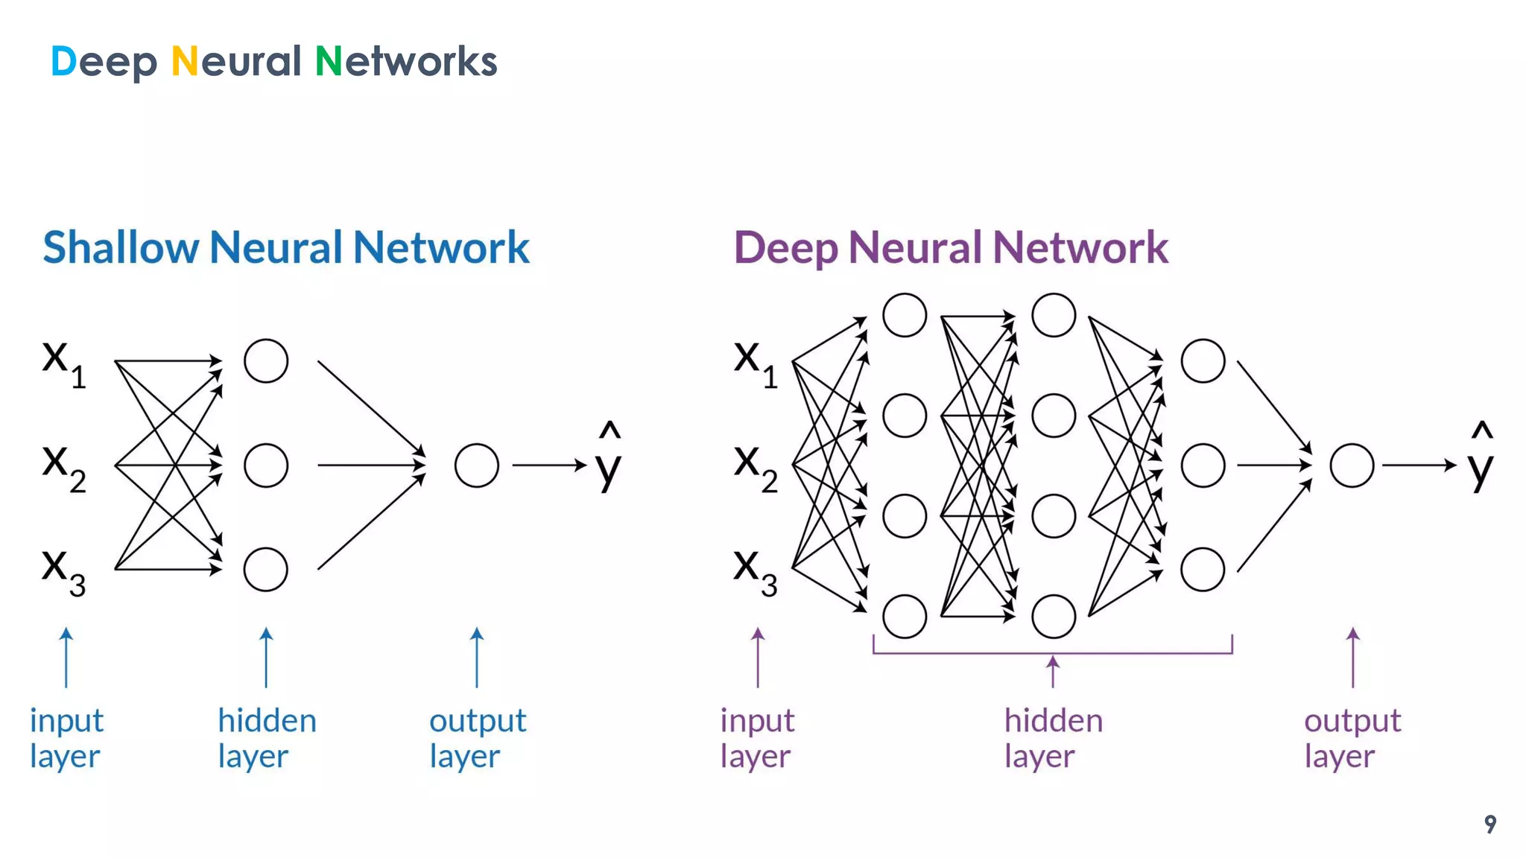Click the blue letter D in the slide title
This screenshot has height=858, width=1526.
63,61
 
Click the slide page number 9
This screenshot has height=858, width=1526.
1489,824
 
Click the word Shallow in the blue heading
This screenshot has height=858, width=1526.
120,247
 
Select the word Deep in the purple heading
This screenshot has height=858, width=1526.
785,249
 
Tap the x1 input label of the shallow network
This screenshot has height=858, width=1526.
63,363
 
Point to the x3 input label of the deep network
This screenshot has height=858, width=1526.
755,572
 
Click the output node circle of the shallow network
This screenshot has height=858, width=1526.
476,465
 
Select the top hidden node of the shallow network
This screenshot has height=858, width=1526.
266,361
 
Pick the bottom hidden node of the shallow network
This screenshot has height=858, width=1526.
266,570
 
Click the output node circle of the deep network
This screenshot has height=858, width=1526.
1352,465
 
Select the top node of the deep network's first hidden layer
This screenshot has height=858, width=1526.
905,315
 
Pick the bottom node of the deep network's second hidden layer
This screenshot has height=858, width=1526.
1054,616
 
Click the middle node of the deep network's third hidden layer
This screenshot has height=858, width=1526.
1203,465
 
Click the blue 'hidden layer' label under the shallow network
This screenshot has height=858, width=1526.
266,737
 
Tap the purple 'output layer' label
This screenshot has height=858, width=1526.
1352,737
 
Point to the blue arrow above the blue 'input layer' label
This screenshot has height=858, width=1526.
66,657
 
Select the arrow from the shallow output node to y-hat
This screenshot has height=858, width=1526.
549,465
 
